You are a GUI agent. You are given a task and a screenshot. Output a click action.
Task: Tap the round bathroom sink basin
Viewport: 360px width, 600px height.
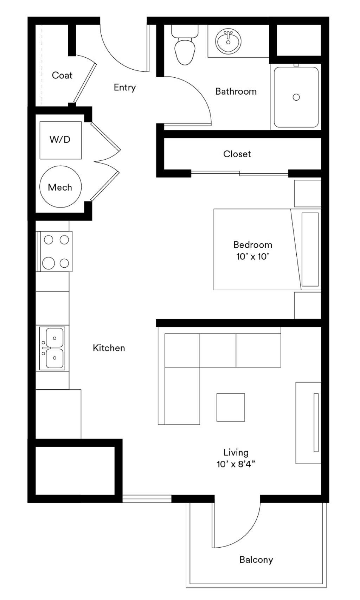tap(228, 42)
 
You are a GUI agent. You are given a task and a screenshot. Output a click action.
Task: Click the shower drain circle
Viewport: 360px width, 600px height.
tap(296, 97)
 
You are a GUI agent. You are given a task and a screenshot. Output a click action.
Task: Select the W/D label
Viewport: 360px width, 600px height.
tap(60, 139)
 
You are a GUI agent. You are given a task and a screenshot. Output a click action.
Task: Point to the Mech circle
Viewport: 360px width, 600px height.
tap(60, 186)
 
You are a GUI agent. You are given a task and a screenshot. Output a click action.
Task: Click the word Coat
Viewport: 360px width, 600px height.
tap(62, 75)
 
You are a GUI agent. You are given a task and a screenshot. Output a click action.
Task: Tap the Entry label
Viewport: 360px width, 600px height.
tap(125, 87)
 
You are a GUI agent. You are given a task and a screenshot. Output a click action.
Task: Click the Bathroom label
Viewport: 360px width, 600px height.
tap(236, 91)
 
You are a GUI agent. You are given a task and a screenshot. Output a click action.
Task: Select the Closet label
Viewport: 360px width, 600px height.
tap(237, 154)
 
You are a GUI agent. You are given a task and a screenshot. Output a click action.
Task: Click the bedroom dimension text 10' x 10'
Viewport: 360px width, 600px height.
tap(253, 256)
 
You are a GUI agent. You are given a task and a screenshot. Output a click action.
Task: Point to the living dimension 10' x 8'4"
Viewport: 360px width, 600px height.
tap(236, 464)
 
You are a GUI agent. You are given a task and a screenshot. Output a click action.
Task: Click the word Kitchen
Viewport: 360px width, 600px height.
tap(109, 348)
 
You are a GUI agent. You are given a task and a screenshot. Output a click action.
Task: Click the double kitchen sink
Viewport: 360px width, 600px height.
tap(52, 348)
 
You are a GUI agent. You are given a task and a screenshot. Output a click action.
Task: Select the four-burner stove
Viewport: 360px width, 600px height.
tap(54, 251)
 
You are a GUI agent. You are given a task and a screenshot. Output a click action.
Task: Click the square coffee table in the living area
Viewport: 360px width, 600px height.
tap(231, 407)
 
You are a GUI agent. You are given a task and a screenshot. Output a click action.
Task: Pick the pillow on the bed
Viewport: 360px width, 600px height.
tap(310, 249)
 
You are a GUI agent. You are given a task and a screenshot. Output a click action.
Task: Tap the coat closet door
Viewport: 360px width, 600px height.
tap(85, 83)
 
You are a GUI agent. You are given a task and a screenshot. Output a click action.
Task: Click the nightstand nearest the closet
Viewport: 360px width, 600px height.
tap(308, 193)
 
